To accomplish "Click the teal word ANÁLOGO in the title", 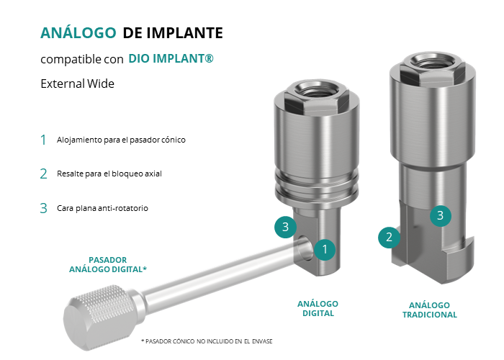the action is click(x=78, y=32).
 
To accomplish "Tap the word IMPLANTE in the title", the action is click(x=185, y=33).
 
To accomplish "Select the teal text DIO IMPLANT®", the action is click(x=171, y=58).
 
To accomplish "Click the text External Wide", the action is click(x=78, y=84).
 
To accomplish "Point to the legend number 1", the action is click(x=43, y=140).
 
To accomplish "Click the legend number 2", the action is click(x=43, y=174).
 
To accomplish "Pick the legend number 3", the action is click(x=43, y=208).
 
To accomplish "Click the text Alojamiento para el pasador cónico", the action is click(x=121, y=140).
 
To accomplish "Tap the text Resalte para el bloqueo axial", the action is click(x=109, y=174).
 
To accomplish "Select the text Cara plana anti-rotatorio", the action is click(x=102, y=208).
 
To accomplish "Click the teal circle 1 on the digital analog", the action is click(x=325, y=249).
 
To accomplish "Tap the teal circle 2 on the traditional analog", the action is click(x=389, y=237).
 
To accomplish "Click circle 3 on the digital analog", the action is click(x=285, y=227).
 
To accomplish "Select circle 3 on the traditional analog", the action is click(x=441, y=215).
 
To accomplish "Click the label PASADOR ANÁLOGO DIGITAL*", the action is click(x=108, y=264).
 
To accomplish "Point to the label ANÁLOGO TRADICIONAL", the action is click(x=429, y=310).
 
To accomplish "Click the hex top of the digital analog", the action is click(x=317, y=96).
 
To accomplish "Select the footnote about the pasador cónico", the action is click(x=207, y=341).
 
